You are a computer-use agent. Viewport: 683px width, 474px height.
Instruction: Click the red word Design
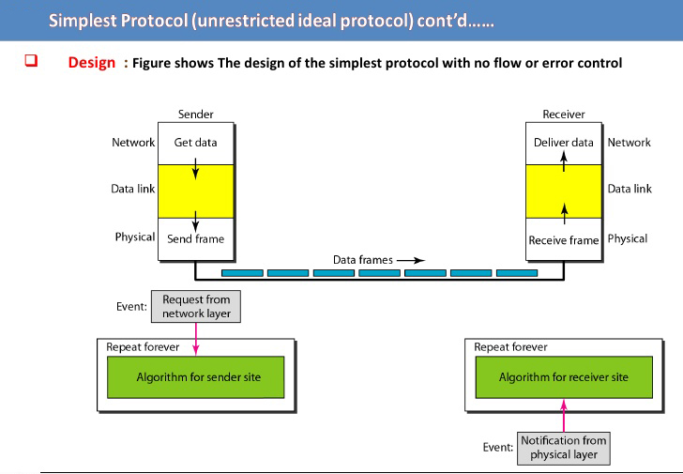(x=92, y=63)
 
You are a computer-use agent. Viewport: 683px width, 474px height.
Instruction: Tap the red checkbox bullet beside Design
(x=31, y=61)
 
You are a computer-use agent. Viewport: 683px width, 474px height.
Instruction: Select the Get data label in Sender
(x=195, y=143)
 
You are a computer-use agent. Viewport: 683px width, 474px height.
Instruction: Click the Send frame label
(x=195, y=238)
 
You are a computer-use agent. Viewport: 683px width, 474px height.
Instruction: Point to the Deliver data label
(x=564, y=143)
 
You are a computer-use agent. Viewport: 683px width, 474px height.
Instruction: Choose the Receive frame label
(x=564, y=240)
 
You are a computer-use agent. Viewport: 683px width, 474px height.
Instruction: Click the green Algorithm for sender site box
(x=195, y=377)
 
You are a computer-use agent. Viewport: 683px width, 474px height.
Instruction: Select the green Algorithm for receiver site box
(x=564, y=377)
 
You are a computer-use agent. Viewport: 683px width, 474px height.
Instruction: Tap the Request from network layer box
(x=196, y=307)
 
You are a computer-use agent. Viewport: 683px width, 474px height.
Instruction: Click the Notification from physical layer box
(x=564, y=449)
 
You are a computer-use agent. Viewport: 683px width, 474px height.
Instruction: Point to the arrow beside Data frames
(x=411, y=261)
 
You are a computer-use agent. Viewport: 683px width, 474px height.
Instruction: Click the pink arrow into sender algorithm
(x=196, y=339)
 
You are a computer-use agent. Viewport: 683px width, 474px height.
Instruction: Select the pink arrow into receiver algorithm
(x=564, y=416)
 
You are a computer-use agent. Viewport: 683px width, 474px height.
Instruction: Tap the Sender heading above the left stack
(x=195, y=115)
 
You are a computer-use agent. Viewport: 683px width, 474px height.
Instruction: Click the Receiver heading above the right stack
(x=564, y=115)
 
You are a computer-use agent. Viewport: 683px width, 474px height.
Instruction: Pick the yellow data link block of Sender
(x=195, y=191)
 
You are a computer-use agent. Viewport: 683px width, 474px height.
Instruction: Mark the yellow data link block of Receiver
(x=564, y=191)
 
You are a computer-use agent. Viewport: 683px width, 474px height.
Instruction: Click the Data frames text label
(x=363, y=260)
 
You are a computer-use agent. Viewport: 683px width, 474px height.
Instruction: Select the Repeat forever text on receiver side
(x=510, y=347)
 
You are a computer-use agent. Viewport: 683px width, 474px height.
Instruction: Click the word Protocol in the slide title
(x=154, y=21)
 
